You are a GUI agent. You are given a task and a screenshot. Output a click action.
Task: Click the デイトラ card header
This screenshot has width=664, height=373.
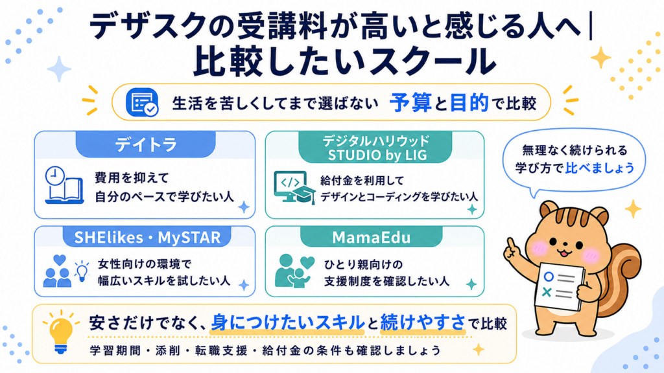pos(146,144)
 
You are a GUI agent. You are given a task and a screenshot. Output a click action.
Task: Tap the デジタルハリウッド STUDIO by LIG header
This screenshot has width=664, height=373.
pos(375,147)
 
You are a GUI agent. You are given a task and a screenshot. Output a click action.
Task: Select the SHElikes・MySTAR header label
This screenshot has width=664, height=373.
pos(147,237)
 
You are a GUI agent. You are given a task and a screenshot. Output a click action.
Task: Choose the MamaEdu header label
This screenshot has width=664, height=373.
pos(372,237)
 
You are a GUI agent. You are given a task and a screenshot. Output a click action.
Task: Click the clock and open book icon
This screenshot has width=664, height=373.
pos(64,185)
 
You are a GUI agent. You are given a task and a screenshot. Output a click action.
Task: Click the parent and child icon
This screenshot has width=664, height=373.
pos(294,271)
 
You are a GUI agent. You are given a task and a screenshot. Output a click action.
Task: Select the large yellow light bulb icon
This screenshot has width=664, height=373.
pos(61,332)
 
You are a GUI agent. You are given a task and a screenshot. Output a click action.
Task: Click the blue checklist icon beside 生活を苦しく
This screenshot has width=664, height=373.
pos(142,102)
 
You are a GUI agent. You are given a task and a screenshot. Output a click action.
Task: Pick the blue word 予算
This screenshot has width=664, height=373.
pos(410,103)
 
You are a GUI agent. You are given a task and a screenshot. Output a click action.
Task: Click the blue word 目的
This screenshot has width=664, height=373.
pos(469,103)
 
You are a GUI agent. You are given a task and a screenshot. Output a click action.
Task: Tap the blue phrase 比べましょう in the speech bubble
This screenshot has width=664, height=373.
pos(600,168)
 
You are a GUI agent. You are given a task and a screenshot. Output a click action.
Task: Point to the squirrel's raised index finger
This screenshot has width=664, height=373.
pos(511,244)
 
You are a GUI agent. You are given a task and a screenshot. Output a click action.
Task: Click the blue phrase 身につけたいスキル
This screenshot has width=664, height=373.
pos(287,322)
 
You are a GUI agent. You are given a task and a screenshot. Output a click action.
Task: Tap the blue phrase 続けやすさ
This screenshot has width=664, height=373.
pos(423,322)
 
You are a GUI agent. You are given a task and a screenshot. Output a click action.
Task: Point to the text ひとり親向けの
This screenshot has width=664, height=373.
pos(363,265)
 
